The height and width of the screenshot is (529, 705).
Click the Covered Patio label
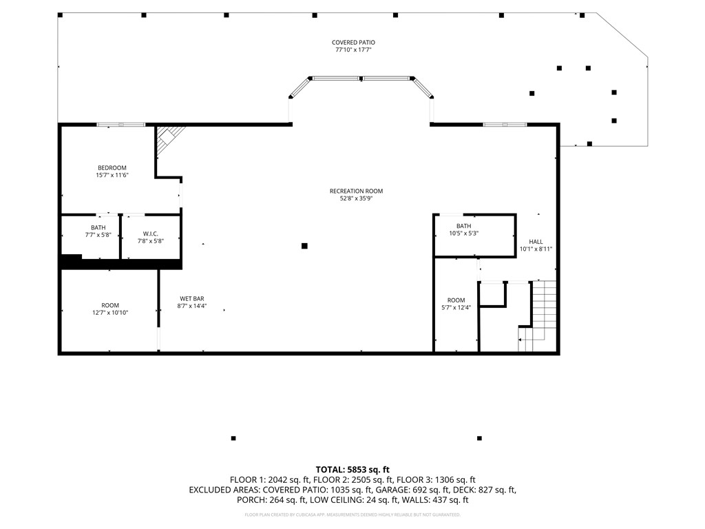click(x=353, y=43)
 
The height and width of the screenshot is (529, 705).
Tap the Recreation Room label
click(x=356, y=191)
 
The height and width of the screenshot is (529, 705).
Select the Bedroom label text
click(x=112, y=168)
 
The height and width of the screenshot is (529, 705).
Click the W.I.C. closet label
click(x=151, y=234)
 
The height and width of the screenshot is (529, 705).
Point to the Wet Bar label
click(x=192, y=299)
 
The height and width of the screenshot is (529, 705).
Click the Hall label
click(x=536, y=242)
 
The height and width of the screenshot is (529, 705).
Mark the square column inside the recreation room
click(x=304, y=246)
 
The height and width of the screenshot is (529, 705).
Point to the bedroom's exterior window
click(x=121, y=125)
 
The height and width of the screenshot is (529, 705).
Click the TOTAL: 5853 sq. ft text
click(x=352, y=470)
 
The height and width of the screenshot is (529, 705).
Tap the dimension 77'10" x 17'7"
click(x=353, y=50)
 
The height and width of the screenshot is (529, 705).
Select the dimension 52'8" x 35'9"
click(x=356, y=198)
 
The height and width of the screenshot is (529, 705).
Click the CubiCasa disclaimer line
click(x=352, y=515)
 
